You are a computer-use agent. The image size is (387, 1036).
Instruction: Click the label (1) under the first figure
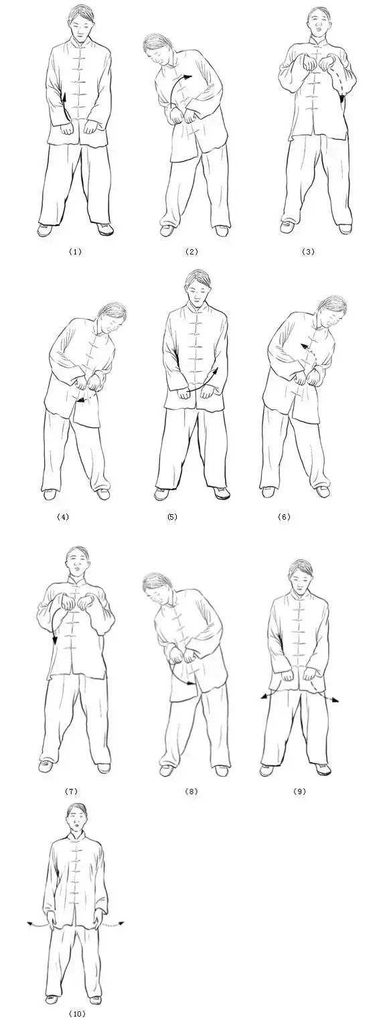pos(75,252)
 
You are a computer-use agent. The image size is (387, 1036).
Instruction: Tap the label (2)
pos(191,252)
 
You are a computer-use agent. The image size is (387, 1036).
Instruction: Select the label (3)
pos(308,252)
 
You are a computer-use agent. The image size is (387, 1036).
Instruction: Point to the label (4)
pos(62,516)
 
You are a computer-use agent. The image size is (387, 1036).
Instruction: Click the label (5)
pos(172,516)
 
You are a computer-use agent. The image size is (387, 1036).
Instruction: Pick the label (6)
pos(284,516)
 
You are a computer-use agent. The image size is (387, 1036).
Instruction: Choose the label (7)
pos(71,792)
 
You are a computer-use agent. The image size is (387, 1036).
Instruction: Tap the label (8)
pos(191,792)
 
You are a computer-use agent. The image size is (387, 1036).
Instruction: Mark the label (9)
pos(299,792)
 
